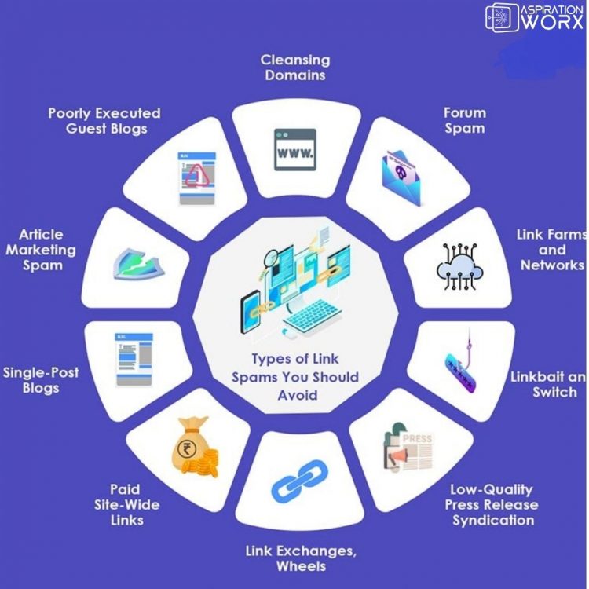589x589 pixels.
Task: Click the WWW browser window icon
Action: [294, 149]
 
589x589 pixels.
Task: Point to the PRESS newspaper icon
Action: [408, 449]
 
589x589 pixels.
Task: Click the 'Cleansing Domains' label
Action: [295, 68]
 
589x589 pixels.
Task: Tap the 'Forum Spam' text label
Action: [464, 120]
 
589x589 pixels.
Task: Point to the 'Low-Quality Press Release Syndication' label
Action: [491, 505]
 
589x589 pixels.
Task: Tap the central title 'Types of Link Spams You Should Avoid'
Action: [294, 377]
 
